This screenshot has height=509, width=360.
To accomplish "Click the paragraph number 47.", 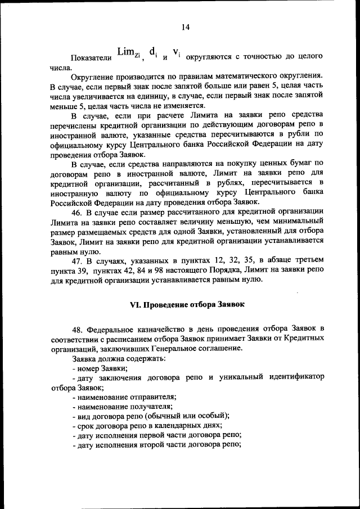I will tap(77, 262).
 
